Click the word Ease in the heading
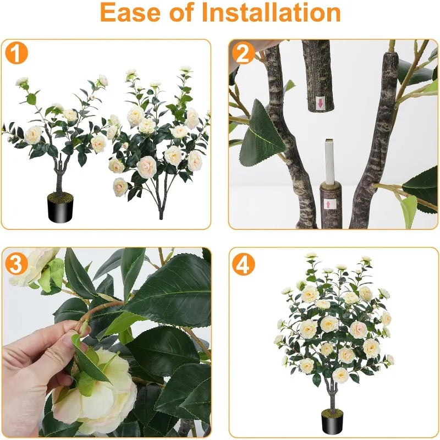(x=131, y=13)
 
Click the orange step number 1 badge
(x=16, y=52)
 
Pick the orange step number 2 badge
(x=243, y=52)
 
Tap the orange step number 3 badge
(x=16, y=264)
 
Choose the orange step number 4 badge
(x=243, y=264)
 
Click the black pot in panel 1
(x=61, y=208)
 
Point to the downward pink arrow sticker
(x=320, y=103)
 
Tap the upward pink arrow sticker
(x=327, y=204)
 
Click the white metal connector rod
(x=329, y=161)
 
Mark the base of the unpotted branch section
(x=161, y=215)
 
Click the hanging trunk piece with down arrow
(x=318, y=76)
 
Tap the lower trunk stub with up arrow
(x=331, y=205)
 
